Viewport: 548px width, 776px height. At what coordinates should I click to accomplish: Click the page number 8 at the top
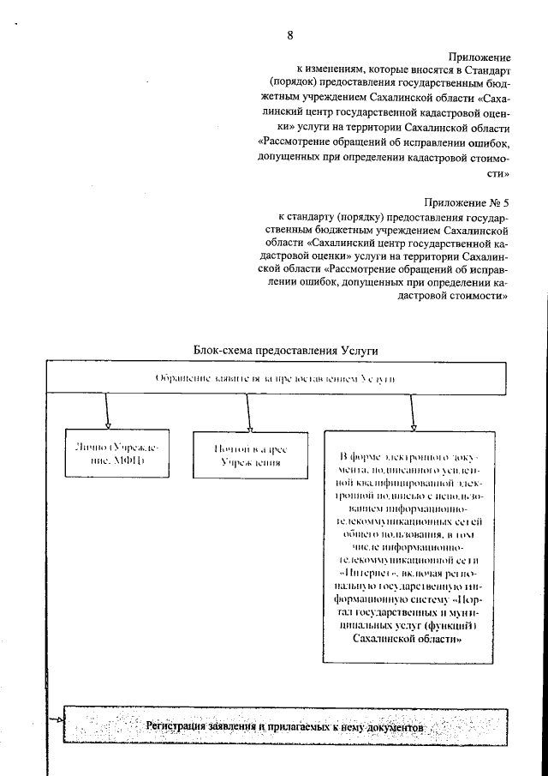[290, 35]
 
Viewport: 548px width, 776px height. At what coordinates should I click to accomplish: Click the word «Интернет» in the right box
[365, 570]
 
